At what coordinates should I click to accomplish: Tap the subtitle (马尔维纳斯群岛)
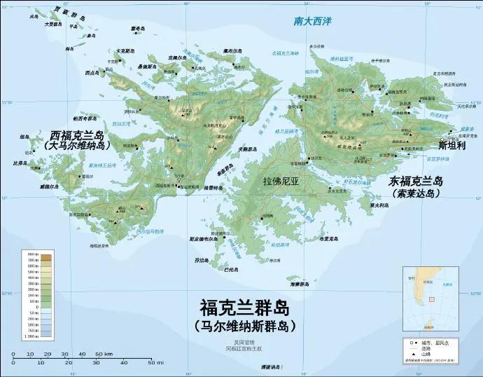click(x=244, y=326)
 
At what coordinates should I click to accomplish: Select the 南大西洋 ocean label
click(x=313, y=22)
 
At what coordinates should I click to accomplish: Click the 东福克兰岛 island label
click(x=416, y=181)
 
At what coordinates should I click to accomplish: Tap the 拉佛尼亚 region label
click(x=281, y=181)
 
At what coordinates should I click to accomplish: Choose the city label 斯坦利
click(x=451, y=146)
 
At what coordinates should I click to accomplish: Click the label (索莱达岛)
click(x=416, y=193)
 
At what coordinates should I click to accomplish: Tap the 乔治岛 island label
click(x=202, y=260)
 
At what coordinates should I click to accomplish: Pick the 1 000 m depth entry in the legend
click(x=46, y=337)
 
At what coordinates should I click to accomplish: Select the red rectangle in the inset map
click(x=431, y=299)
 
